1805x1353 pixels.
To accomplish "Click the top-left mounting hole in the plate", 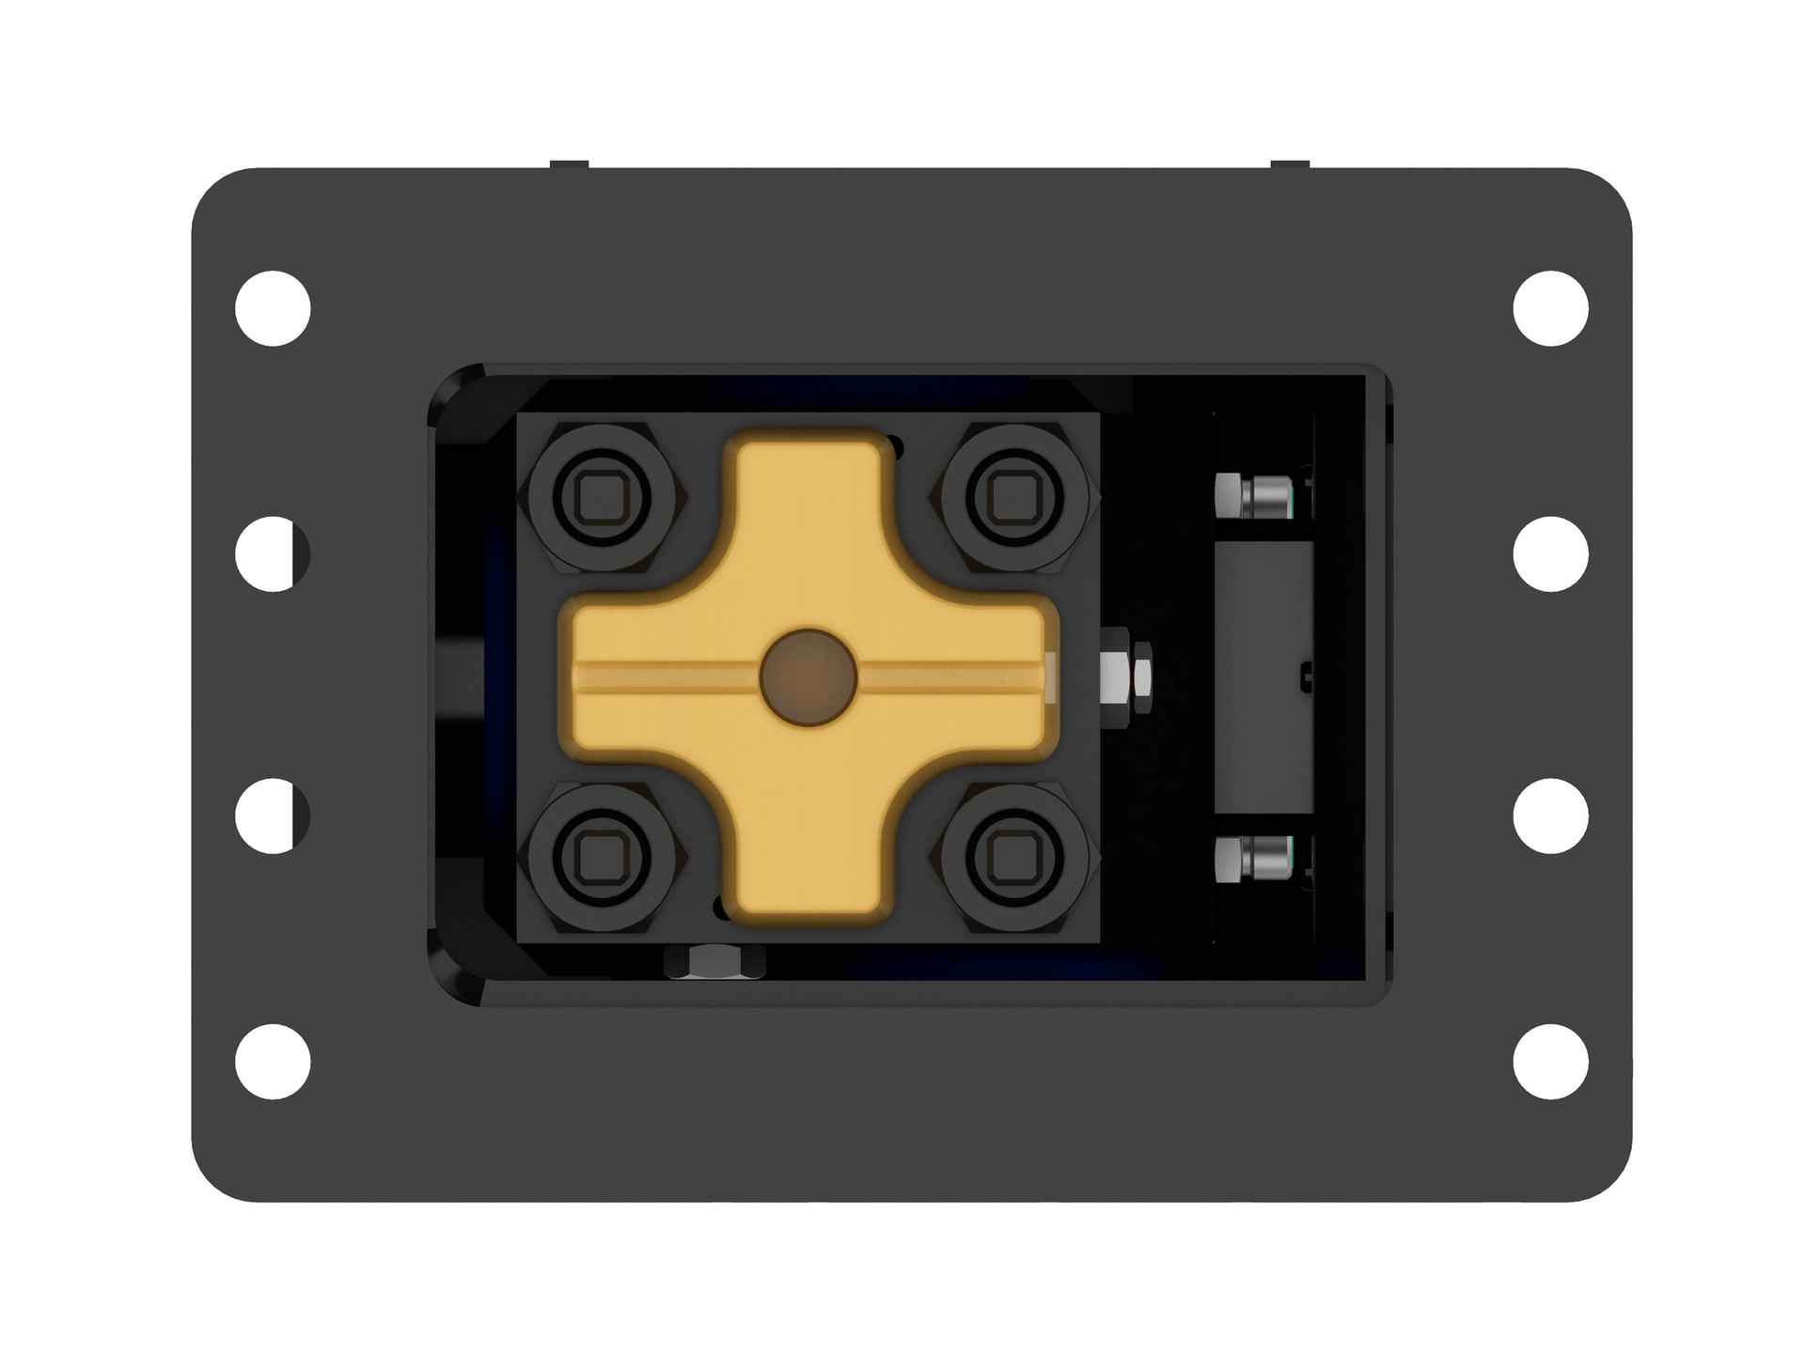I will coord(273,308).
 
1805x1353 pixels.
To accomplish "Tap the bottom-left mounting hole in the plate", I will coord(273,1062).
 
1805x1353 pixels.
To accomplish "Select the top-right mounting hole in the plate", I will coord(1551,308).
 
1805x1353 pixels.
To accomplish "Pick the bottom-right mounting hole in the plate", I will coord(1551,1062).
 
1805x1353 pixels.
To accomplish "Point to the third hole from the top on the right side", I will coord(1551,816).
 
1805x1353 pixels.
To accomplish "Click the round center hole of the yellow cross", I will coord(808,677).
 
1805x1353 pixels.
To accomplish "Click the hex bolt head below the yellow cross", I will coord(714,962).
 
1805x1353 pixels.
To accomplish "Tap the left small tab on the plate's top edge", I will coord(569,165).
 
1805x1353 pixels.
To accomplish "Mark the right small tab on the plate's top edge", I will coord(1290,165).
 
